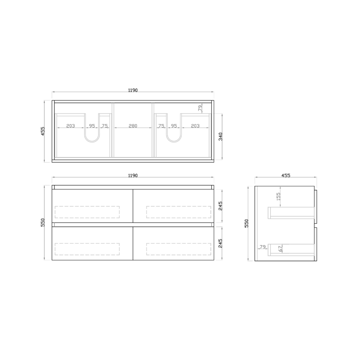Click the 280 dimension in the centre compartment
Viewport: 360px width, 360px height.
tap(133, 126)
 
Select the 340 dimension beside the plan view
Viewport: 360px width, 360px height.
tap(221, 136)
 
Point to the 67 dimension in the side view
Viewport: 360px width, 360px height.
tap(281, 249)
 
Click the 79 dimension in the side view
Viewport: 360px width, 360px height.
tap(263, 247)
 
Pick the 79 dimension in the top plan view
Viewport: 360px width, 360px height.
tap(200, 108)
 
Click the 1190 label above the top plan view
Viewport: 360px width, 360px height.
tap(133, 90)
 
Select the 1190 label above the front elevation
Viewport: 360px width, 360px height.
tap(133, 175)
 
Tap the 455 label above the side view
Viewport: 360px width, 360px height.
tap(286, 175)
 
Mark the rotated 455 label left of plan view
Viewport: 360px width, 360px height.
tap(43, 131)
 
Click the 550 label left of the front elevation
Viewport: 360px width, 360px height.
tap(43, 223)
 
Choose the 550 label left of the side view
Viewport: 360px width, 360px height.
tap(246, 223)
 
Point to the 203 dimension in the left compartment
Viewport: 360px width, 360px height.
tap(71, 126)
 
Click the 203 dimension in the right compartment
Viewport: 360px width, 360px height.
tap(195, 126)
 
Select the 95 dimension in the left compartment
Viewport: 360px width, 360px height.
tap(91, 126)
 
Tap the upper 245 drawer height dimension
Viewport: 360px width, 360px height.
tap(221, 205)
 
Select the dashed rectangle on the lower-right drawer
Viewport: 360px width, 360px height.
tap(178, 249)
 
